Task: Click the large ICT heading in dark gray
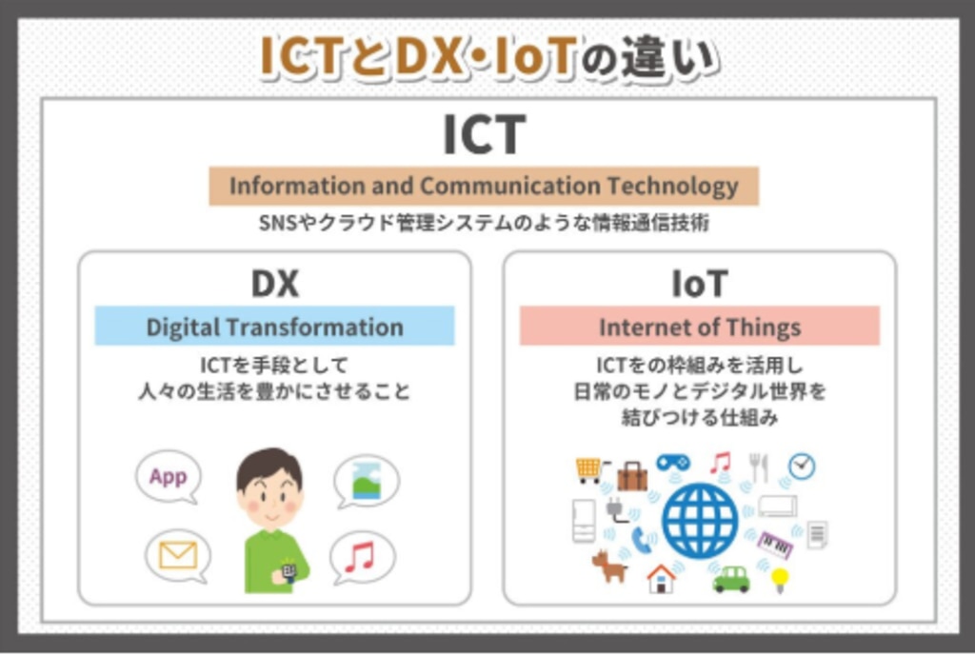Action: pos(485,134)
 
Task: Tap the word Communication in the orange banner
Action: pos(510,186)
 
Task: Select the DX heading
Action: pos(275,284)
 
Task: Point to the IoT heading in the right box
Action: pos(700,284)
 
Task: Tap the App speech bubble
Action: pos(169,477)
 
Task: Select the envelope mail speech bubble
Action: pos(178,556)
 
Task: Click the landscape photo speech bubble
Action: pos(367,481)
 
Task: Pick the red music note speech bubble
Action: pos(362,558)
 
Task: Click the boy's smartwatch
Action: pos(288,572)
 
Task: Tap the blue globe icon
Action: pos(700,521)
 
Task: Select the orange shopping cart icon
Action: pos(589,469)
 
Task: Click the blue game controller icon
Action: pos(673,463)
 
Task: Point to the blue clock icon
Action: pos(802,466)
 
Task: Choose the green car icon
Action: pos(731,579)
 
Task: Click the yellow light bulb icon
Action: pos(779,580)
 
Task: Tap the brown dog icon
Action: pos(609,566)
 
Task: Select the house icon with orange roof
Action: pos(661,579)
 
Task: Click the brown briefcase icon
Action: pos(632,476)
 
